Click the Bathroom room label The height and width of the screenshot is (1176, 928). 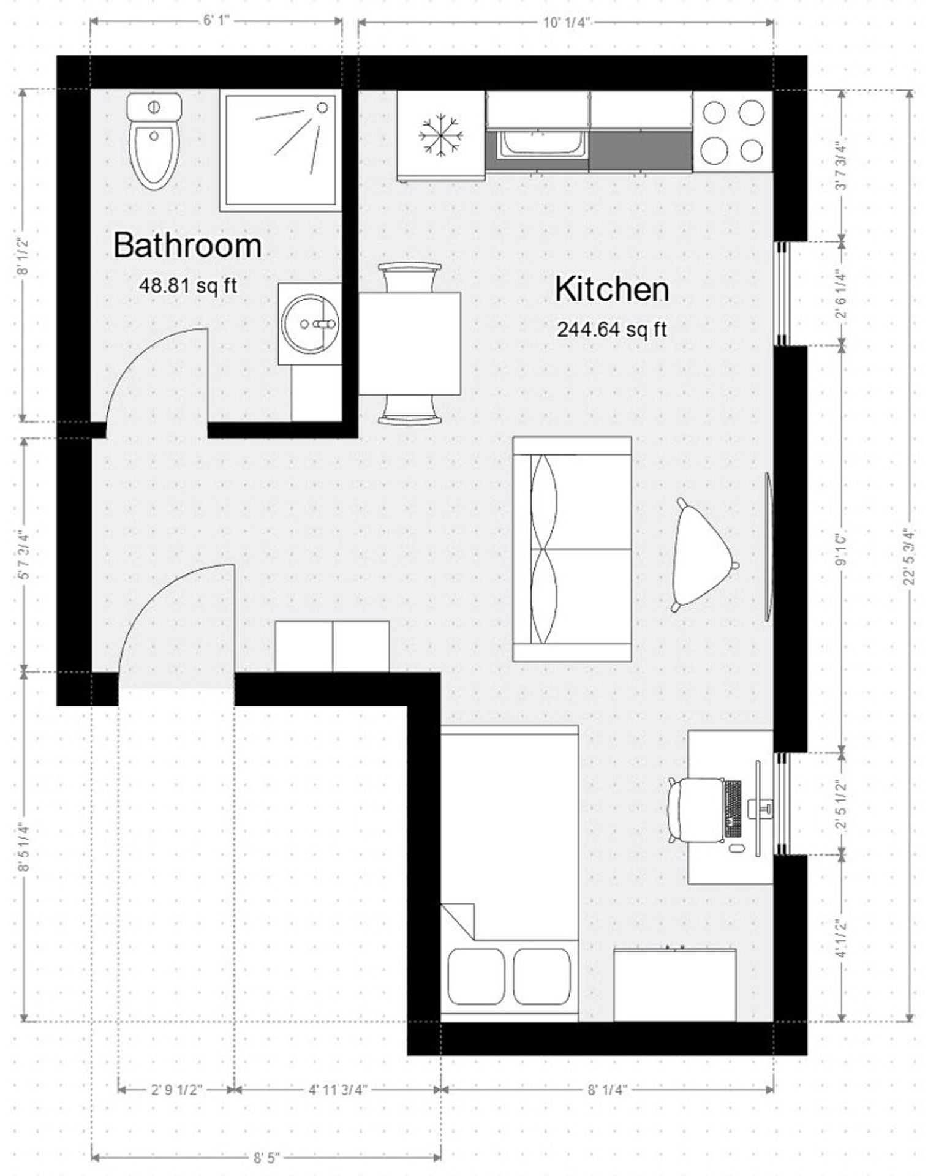pos(187,246)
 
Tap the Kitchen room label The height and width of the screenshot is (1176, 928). pos(611,289)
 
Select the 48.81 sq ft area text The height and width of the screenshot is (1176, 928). pos(187,285)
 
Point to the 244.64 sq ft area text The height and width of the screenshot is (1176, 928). pos(611,330)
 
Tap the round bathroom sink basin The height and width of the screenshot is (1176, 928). pos(310,322)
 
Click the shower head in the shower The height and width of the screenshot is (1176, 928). pos(322,107)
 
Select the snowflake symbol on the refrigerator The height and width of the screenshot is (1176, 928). pos(440,135)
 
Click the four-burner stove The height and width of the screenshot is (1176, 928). pos(733,131)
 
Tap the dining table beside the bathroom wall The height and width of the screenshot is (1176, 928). pos(409,343)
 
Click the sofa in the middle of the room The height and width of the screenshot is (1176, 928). pos(572,549)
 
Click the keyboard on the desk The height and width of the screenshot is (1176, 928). pos(733,809)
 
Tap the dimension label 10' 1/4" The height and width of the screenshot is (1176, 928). pos(566,23)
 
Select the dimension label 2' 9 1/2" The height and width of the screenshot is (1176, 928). pos(176,1090)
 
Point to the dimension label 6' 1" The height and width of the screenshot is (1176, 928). pos(216,21)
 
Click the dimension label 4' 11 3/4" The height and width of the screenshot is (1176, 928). pos(338,1090)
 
